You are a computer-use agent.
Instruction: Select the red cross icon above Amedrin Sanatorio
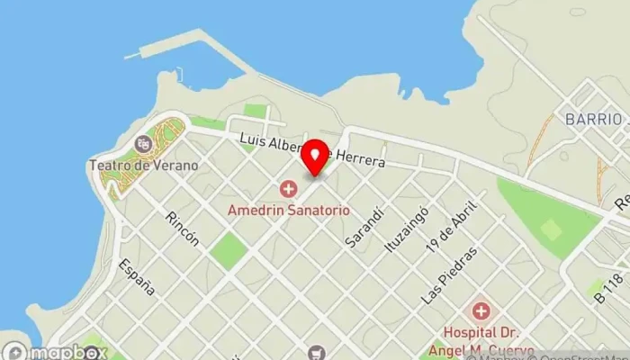tap(288, 188)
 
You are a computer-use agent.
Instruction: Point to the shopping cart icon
tap(315, 352)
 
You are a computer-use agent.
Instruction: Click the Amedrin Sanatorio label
tap(288, 208)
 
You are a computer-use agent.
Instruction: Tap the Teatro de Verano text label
tap(144, 166)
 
